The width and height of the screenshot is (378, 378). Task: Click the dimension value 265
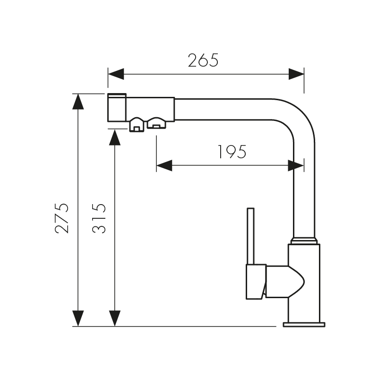[x=203, y=60]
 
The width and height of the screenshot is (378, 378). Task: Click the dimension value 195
[x=232, y=152]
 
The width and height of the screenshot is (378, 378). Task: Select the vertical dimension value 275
[x=62, y=218]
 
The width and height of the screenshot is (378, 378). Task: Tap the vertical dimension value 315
[x=98, y=218]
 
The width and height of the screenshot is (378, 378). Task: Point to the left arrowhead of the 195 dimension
[x=163, y=165]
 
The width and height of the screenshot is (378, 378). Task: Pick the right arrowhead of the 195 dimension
[x=296, y=165]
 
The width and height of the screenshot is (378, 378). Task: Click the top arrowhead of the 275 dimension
[x=78, y=101]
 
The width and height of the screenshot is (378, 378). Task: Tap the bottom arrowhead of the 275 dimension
[x=78, y=318]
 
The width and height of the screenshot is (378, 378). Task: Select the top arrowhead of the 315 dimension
[x=114, y=137]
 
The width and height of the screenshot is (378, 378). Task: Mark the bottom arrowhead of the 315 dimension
[x=114, y=318]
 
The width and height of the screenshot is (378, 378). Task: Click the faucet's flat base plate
[x=304, y=325]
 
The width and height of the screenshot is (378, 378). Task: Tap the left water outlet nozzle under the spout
[x=137, y=125]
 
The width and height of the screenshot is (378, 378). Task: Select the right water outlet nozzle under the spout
[x=156, y=123]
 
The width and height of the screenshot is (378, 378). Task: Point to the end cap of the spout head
[x=117, y=108]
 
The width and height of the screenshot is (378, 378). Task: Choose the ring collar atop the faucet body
[x=304, y=241]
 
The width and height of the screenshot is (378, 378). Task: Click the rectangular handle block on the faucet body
[x=255, y=282]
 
